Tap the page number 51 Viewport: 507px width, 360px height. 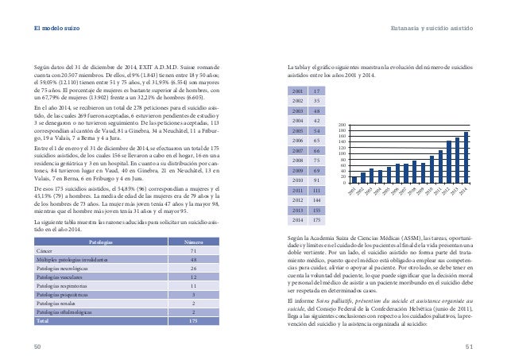click(x=469, y=346)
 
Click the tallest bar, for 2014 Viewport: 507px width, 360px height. click(x=466, y=157)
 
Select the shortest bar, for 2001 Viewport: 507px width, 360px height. click(x=354, y=180)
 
